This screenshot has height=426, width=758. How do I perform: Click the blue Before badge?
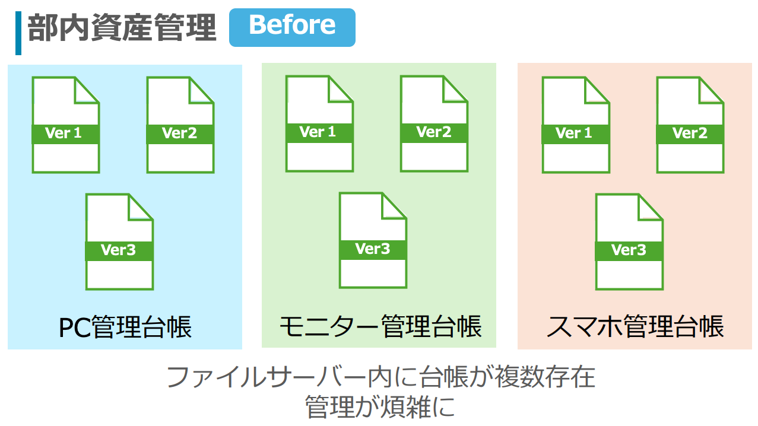pyautogui.click(x=292, y=27)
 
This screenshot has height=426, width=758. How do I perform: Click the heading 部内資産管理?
pyautogui.click(x=122, y=28)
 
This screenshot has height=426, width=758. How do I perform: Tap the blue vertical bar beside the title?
pyautogui.click(x=18, y=33)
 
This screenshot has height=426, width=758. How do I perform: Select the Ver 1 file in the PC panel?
pyautogui.click(x=66, y=125)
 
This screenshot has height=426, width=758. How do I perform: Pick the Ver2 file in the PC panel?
pyautogui.click(x=180, y=125)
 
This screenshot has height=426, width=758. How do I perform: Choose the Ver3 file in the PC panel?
pyautogui.click(x=119, y=241)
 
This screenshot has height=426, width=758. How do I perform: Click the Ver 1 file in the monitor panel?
pyautogui.click(x=319, y=123)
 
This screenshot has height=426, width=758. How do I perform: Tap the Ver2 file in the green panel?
pyautogui.click(x=434, y=123)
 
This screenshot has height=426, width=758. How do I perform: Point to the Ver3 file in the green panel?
pyautogui.click(x=373, y=240)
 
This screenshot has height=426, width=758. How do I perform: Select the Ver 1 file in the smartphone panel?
pyautogui.click(x=576, y=125)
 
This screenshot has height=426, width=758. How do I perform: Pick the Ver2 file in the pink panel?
pyautogui.click(x=690, y=125)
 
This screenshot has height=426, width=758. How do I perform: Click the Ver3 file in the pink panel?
pyautogui.click(x=629, y=241)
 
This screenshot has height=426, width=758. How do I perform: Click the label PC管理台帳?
pyautogui.click(x=125, y=327)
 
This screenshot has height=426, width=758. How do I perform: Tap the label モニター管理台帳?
pyautogui.click(x=380, y=326)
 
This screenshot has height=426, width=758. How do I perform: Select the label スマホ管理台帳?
pyautogui.click(x=635, y=327)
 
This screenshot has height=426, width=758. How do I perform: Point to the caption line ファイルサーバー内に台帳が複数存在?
pyautogui.click(x=380, y=377)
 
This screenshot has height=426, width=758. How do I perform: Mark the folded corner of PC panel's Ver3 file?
pyautogui.click(x=141, y=207)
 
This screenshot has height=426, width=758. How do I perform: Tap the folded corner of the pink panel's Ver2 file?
pyautogui.click(x=712, y=90)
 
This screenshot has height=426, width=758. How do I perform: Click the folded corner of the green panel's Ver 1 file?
pyautogui.click(x=341, y=88)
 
